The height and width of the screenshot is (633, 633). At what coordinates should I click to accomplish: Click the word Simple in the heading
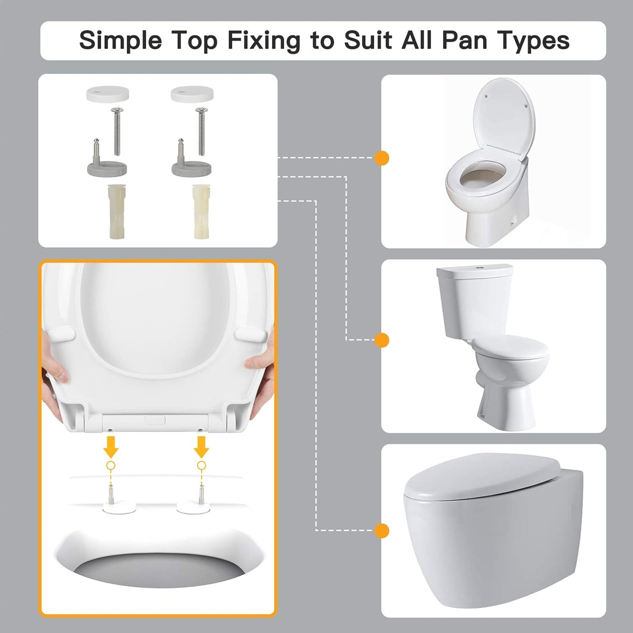coord(121,41)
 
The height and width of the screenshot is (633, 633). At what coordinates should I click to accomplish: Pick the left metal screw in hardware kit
coord(117,131)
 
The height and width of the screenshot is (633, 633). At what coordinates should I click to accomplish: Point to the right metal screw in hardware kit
coord(201,131)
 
